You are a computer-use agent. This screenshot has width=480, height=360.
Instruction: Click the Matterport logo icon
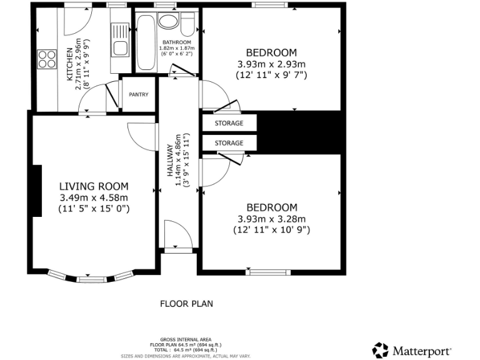point(380,349)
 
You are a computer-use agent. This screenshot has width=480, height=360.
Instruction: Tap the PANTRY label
point(138,94)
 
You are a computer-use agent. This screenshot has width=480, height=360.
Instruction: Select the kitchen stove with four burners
point(46,59)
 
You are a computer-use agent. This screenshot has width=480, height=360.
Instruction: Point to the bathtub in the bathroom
point(144,42)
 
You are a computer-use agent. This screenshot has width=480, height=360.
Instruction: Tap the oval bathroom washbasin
point(167,22)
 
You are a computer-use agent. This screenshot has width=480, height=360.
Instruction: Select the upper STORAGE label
point(229,123)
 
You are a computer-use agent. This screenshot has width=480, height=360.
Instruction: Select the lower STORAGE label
point(229,143)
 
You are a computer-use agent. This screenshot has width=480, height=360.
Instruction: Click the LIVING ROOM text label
point(94,186)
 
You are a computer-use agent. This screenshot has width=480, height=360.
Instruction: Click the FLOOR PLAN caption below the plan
point(186,304)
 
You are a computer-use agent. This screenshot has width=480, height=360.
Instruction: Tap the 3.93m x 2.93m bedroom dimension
point(271,64)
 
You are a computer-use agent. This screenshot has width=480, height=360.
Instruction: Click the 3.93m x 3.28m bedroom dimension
point(271,219)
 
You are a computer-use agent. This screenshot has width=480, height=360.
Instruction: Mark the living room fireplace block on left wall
point(37,191)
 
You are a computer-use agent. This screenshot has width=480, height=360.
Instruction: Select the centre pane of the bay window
point(91,277)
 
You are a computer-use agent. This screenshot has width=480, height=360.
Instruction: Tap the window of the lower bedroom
point(269,272)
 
